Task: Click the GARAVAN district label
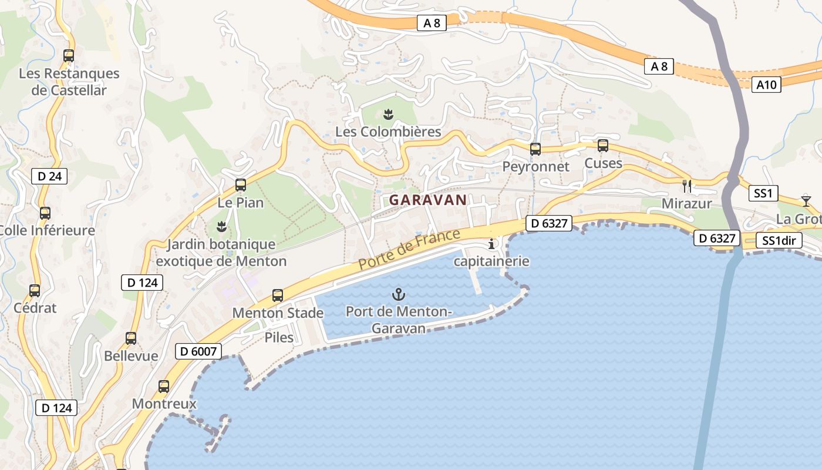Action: [427, 200]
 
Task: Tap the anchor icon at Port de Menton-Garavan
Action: [399, 294]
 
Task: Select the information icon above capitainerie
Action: [491, 244]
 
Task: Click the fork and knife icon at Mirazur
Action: [687, 186]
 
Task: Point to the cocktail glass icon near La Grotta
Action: [806, 201]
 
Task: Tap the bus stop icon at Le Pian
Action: [241, 185]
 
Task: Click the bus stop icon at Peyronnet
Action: [535, 149]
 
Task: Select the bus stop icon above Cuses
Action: [603, 146]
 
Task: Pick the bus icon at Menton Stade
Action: [278, 296]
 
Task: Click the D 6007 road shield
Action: [199, 351]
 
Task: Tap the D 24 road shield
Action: [49, 176]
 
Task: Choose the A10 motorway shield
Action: [766, 85]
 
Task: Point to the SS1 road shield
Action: [763, 193]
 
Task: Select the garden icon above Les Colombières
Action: [388, 113]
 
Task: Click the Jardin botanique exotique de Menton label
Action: [221, 253]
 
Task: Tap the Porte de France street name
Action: [409, 250]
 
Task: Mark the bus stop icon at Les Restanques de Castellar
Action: [69, 56]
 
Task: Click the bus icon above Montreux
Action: [164, 387]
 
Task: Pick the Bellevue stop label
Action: [131, 356]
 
